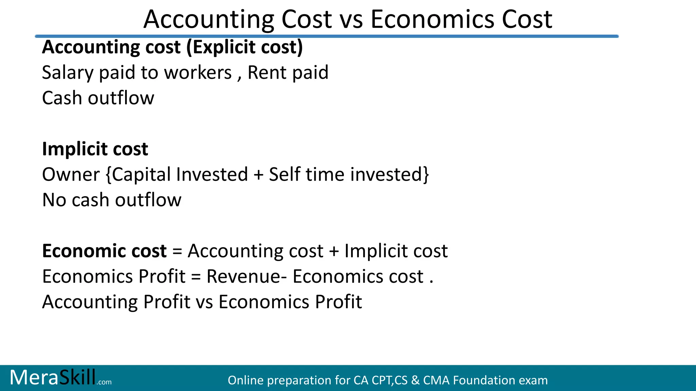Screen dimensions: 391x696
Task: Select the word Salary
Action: [68, 73]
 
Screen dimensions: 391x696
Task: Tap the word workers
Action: [198, 73]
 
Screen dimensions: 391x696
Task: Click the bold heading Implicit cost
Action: [95, 149]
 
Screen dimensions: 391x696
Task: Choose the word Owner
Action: [71, 175]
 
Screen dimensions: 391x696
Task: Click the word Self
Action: [283, 175]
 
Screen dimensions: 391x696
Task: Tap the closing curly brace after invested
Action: [426, 175]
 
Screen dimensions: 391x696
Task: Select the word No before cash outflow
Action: [54, 200]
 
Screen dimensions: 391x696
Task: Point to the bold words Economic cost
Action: [104, 251]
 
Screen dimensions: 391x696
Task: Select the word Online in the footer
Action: [245, 380]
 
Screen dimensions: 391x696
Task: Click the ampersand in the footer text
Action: [415, 380]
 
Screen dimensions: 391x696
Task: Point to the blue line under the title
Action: [326, 36]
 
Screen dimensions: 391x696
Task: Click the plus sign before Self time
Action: [258, 175]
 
